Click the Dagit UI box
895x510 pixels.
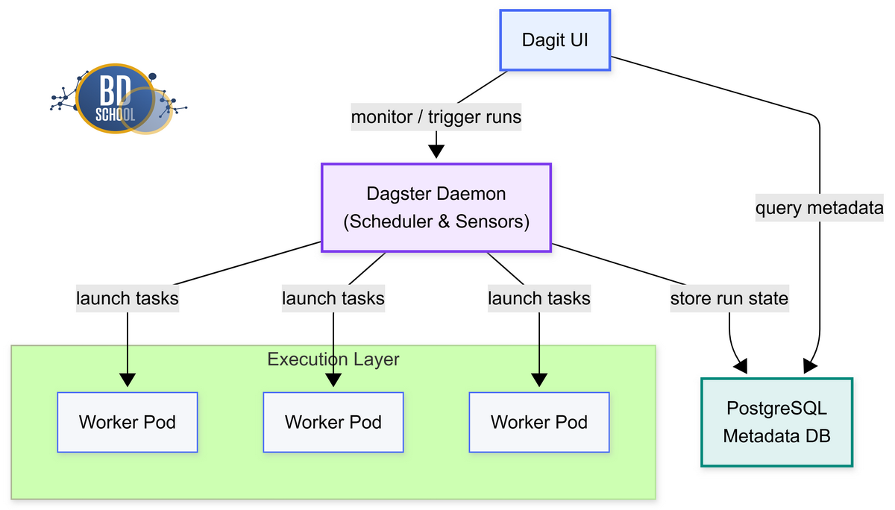pos(555,40)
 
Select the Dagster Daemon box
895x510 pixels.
pos(436,207)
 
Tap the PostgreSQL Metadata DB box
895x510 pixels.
pos(776,422)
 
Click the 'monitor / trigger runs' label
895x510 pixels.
pos(436,117)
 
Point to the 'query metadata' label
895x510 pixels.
pos(819,208)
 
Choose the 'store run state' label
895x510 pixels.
pos(729,298)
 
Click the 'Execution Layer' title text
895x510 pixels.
pos(333,359)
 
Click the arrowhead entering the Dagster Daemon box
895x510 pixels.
pos(436,151)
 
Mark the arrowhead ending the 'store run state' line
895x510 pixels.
pos(741,366)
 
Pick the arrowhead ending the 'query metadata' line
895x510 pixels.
pos(809,366)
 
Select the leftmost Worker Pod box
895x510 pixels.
pos(128,422)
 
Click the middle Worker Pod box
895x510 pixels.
pos(333,422)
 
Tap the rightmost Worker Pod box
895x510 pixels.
pos(538,422)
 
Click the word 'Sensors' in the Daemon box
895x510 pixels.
pos(498,221)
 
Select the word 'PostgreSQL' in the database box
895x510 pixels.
pos(776,409)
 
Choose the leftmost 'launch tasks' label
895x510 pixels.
pos(128,298)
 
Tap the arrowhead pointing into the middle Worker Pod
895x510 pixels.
pos(333,379)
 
